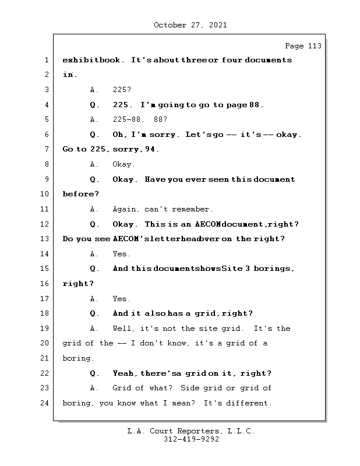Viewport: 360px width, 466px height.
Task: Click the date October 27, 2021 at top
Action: [x=190, y=25]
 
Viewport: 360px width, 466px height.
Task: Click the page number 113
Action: [x=315, y=46]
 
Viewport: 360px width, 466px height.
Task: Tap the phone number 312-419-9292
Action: [x=191, y=439]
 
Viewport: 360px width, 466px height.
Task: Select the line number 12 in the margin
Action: [x=44, y=224]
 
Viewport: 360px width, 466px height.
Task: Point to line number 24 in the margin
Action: [x=44, y=403]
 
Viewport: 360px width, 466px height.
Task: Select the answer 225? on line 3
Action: [x=122, y=90]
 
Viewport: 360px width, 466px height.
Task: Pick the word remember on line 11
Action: [x=190, y=209]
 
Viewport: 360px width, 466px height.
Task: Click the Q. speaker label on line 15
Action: [x=94, y=269]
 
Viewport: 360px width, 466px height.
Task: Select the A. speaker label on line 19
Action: [x=94, y=329]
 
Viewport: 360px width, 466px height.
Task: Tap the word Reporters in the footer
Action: [x=197, y=431]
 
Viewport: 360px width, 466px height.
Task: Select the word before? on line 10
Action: [x=80, y=194]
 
